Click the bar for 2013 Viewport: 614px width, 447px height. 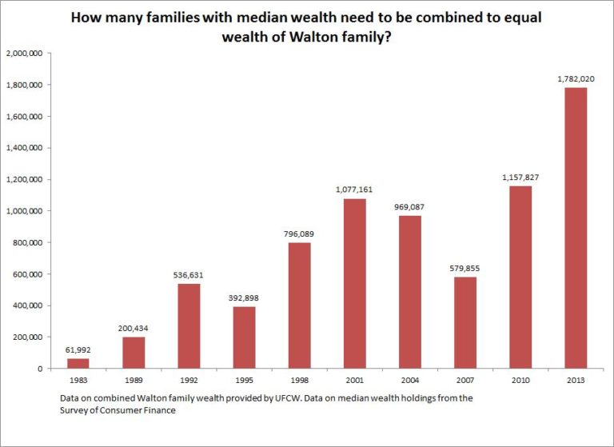pyautogui.click(x=576, y=228)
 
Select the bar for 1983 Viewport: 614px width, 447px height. pyautogui.click(x=78, y=363)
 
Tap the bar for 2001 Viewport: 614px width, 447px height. pyautogui.click(x=354, y=283)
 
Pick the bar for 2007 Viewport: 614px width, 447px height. pyautogui.click(x=464, y=322)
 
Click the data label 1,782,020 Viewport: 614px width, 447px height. pyautogui.click(x=576, y=79)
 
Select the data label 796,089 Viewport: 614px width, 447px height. pyautogui.click(x=299, y=234)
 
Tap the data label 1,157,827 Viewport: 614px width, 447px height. pyautogui.click(x=520, y=178)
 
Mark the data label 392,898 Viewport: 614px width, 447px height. pyautogui.click(x=244, y=297)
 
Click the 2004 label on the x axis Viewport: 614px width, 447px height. pyautogui.click(x=409, y=381)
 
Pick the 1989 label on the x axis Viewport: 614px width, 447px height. pyautogui.click(x=133, y=381)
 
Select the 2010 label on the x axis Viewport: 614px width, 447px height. pyautogui.click(x=520, y=381)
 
